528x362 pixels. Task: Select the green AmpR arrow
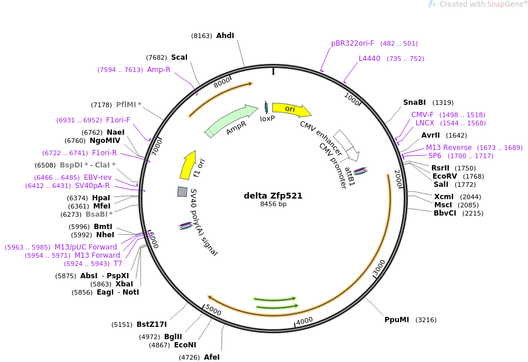click(x=231, y=121)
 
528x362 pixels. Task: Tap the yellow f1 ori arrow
click(x=188, y=165)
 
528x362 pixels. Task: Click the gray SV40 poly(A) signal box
click(x=182, y=192)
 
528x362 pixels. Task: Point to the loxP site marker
click(x=266, y=107)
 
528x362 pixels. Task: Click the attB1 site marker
click(x=360, y=170)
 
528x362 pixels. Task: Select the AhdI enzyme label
click(x=225, y=36)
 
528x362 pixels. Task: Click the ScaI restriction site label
click(x=179, y=57)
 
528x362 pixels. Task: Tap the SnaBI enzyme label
click(x=414, y=103)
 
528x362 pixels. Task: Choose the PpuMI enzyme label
click(x=397, y=320)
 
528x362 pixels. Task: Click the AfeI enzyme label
click(x=212, y=357)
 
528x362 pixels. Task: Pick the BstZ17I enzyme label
click(x=152, y=325)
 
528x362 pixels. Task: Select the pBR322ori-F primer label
click(x=353, y=43)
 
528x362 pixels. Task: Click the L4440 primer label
click(x=369, y=59)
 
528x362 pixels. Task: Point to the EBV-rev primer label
click(x=98, y=177)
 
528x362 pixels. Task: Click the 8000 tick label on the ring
click(x=222, y=82)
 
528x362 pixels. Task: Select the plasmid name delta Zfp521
click(x=273, y=196)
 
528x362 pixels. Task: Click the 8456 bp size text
click(x=273, y=204)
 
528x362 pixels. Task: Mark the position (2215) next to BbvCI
click(x=473, y=213)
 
